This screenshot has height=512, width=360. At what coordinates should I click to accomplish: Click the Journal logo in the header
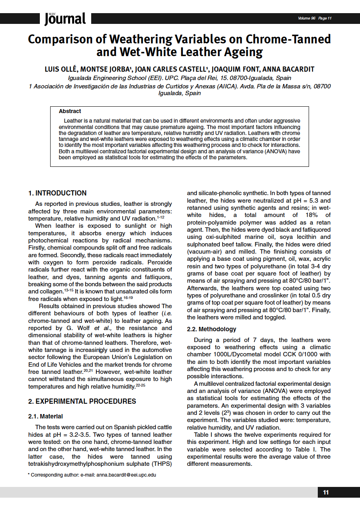click(65, 18)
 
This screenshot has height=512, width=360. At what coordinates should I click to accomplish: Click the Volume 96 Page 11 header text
click(315, 18)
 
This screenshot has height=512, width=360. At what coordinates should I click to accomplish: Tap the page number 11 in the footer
click(326, 492)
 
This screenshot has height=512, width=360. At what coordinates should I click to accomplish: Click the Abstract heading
click(70, 111)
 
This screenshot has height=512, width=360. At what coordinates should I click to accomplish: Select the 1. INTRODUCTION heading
click(57, 193)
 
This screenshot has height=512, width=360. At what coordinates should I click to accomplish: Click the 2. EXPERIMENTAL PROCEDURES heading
click(82, 401)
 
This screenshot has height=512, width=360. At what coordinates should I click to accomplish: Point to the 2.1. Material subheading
click(45, 416)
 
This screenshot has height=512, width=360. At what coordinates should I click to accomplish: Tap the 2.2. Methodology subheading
click(211, 329)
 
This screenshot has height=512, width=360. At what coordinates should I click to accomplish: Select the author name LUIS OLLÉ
click(61, 69)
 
